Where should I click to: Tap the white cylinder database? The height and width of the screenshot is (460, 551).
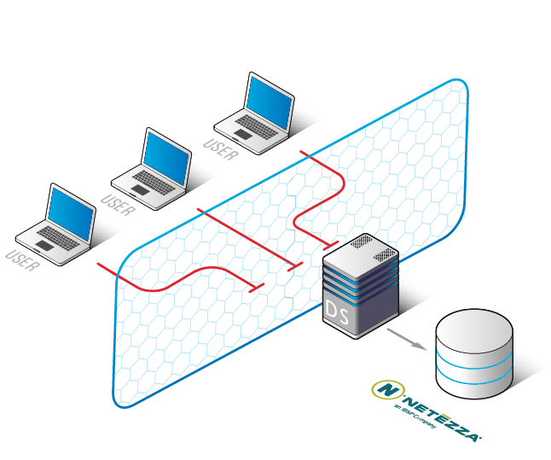[x=473, y=359]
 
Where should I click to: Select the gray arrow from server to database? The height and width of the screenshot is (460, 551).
[x=406, y=336]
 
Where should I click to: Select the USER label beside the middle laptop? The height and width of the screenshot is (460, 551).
[x=118, y=205]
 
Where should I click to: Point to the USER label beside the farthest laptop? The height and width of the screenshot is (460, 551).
[x=220, y=148]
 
